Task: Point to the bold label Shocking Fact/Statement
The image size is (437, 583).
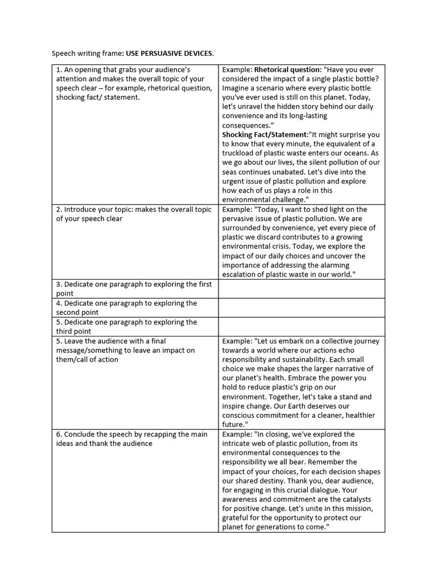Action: pos(264,134)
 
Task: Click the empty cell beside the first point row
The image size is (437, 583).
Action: pos(301,289)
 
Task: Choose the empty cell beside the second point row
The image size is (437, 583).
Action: pos(301,307)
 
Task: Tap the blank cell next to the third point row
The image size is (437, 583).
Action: pos(301,326)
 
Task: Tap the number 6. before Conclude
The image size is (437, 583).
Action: pos(59,434)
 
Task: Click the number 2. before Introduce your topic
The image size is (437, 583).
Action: pos(59,210)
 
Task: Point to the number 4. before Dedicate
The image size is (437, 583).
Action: pos(59,303)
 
